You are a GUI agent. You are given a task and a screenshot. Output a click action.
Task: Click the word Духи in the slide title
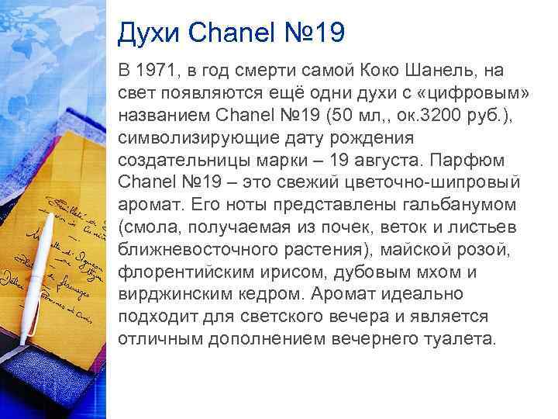146,33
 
